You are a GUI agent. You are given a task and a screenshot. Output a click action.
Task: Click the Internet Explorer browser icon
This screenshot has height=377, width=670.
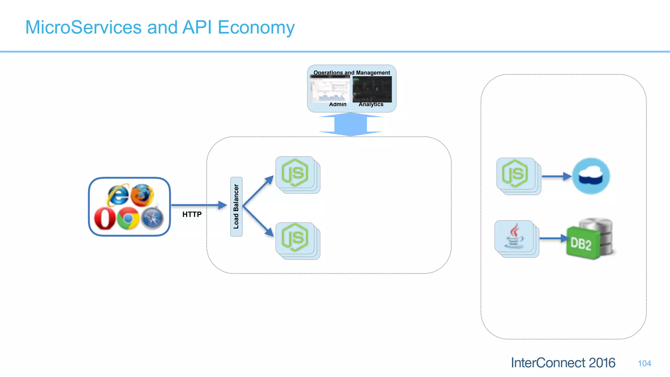click(x=118, y=195)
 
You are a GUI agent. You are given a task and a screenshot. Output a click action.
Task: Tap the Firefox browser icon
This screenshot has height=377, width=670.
click(x=143, y=195)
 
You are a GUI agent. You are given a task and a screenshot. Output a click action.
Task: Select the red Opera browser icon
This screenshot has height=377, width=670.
click(x=105, y=219)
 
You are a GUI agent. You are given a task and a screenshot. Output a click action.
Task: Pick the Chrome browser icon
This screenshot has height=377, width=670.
click(x=128, y=218)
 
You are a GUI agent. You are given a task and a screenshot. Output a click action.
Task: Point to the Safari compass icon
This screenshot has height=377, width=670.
click(x=152, y=218)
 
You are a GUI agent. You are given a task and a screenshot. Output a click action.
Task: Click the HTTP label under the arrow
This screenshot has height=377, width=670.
click(x=192, y=214)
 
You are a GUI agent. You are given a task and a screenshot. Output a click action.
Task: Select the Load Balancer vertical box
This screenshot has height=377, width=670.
click(x=236, y=206)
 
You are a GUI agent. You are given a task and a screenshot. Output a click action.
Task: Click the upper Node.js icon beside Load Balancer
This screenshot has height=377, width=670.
click(x=295, y=173)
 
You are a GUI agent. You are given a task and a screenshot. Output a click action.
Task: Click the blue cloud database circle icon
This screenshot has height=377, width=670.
click(x=591, y=176)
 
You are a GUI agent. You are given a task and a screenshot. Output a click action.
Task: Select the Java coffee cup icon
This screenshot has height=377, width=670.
click(x=514, y=236)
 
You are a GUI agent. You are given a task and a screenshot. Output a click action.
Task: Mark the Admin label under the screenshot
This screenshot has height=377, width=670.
click(x=338, y=104)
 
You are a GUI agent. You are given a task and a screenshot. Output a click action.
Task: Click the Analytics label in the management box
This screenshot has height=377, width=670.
click(x=371, y=104)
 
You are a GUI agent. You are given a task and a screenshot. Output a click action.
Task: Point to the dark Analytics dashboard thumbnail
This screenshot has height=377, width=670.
click(x=372, y=89)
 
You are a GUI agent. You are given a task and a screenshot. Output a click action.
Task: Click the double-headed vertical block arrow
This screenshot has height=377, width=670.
click(x=350, y=124)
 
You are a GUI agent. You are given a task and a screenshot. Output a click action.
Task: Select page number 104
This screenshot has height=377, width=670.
click(x=644, y=363)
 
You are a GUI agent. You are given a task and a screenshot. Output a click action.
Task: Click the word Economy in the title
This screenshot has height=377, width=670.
click(x=256, y=27)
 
